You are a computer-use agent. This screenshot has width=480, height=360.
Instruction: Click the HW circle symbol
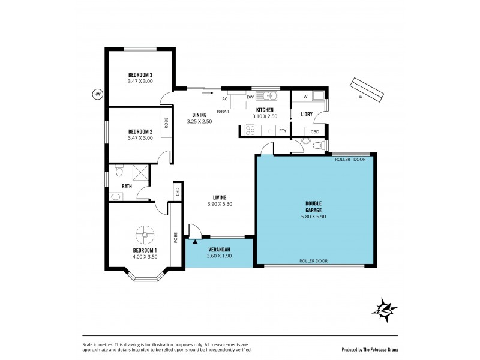pyautogui.click(x=97, y=94)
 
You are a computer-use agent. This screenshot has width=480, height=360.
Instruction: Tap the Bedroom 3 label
pyautogui.click(x=140, y=75)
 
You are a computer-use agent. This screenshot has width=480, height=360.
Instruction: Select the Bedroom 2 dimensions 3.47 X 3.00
pyautogui.click(x=140, y=138)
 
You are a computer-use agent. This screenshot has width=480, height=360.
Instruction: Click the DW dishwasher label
pyautogui.click(x=250, y=97)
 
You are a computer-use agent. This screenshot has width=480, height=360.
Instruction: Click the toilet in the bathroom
pyautogui.click(x=118, y=172)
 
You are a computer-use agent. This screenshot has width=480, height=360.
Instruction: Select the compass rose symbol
pyautogui.click(x=383, y=309)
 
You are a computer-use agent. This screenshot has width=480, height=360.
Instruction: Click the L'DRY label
pyautogui.click(x=306, y=113)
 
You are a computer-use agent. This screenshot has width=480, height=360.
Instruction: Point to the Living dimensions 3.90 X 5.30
pyautogui.click(x=219, y=205)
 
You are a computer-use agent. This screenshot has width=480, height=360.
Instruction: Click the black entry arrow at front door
pyautogui.click(x=194, y=241)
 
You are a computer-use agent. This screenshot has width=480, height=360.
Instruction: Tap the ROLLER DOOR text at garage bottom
pyautogui.click(x=314, y=261)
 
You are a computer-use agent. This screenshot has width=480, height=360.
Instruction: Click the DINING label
pyautogui.click(x=200, y=115)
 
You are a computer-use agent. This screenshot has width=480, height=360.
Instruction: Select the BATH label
pyautogui.click(x=127, y=187)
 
